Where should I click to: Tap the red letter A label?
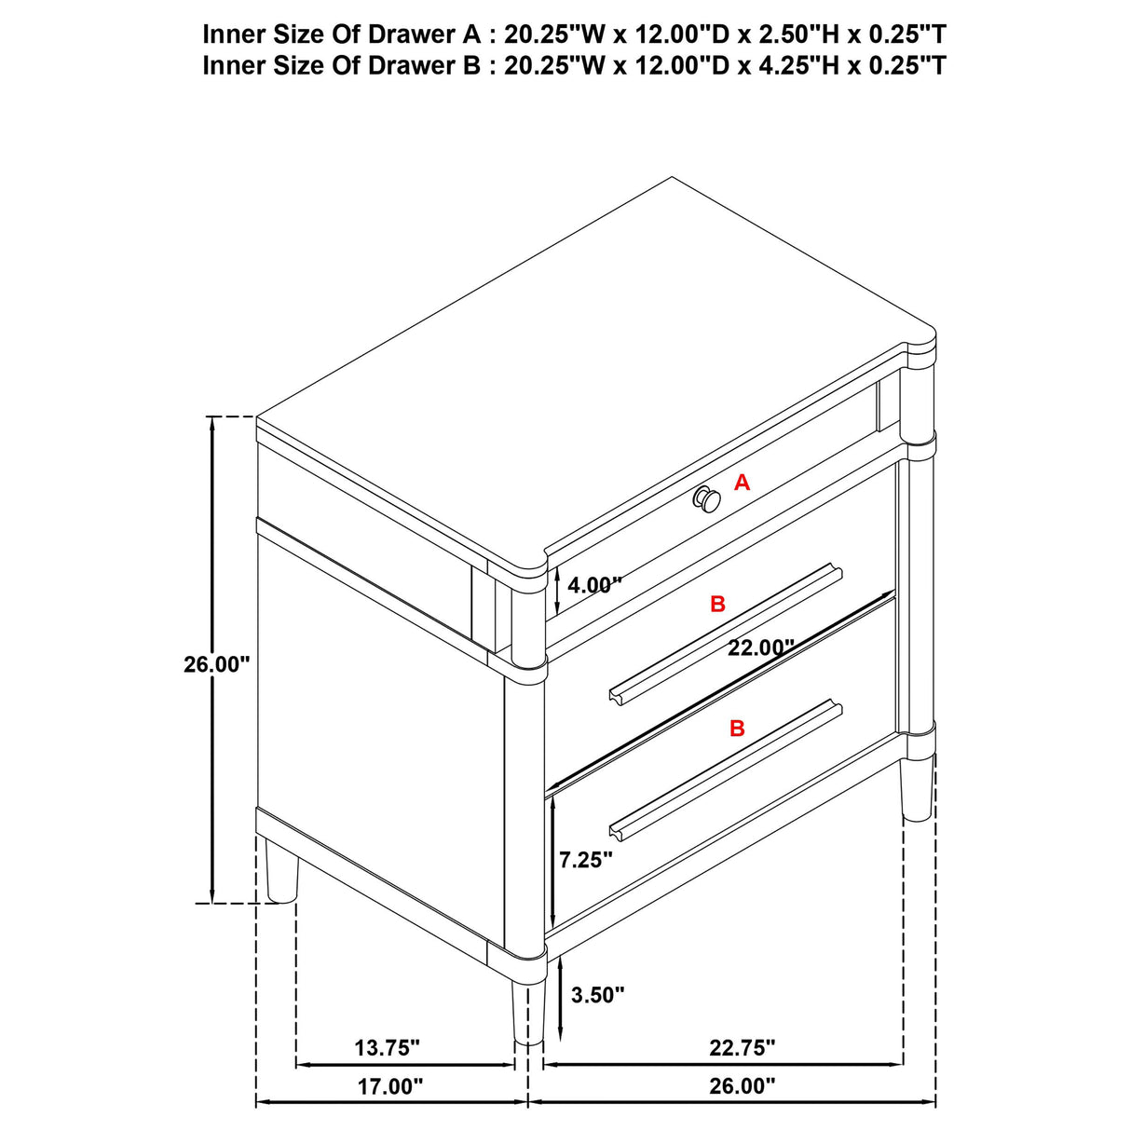click(x=743, y=483)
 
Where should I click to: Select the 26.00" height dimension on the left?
click(x=217, y=664)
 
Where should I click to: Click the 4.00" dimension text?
click(x=594, y=586)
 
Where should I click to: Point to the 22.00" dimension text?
click(x=761, y=647)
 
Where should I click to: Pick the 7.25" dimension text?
click(x=586, y=860)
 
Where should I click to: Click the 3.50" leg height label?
click(x=597, y=995)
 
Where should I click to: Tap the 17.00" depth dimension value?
click(x=390, y=1086)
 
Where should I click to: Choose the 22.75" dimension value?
click(x=743, y=1048)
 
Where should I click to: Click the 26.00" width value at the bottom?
click(x=743, y=1086)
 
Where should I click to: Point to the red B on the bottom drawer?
click(x=737, y=729)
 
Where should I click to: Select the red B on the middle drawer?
click(x=717, y=604)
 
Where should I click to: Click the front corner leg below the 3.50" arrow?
click(x=527, y=1011)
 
